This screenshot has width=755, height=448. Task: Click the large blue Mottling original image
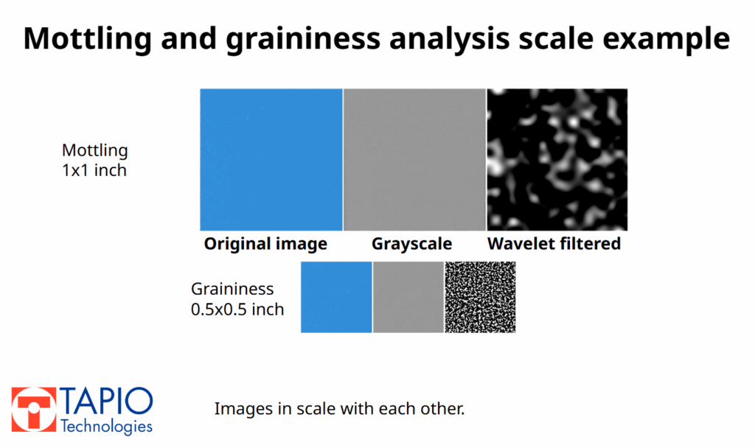[271, 159]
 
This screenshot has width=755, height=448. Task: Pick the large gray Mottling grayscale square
[414, 159]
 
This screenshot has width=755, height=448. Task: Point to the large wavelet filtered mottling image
[557, 159]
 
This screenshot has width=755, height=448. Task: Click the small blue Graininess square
[336, 297]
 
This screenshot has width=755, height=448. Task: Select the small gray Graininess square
[408, 297]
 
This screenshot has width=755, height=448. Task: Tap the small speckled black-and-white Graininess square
[480, 297]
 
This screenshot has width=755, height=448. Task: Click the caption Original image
[265, 244]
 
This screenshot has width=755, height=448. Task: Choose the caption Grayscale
[411, 244]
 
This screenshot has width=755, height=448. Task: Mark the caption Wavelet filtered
[554, 244]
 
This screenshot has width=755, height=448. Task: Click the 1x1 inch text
[94, 170]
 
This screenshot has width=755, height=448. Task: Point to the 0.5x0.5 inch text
[237, 309]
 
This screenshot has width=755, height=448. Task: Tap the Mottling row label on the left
[94, 150]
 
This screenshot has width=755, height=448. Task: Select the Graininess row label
[232, 289]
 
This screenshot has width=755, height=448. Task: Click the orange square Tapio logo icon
[33, 410]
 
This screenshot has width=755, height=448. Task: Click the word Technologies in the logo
[106, 427]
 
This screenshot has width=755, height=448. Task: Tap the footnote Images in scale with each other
[339, 408]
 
